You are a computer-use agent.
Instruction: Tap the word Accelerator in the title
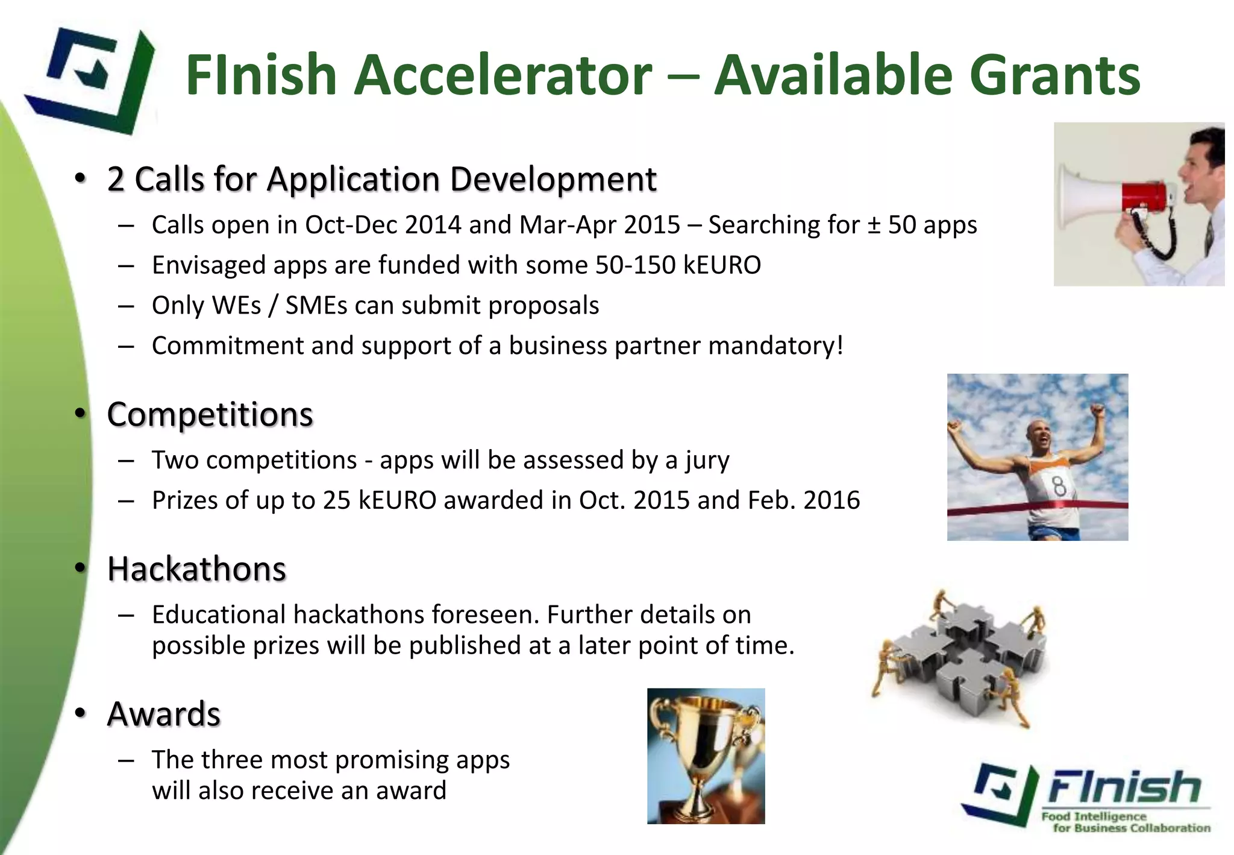pos(503,75)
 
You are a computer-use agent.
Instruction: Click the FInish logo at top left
pos(90,78)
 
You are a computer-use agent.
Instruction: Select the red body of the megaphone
pos(1143,197)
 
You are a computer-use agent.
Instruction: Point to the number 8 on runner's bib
pos(1059,486)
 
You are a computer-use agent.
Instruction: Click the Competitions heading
pos(210,415)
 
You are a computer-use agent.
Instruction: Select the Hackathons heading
pos(196,569)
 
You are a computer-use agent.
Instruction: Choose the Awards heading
pos(164,715)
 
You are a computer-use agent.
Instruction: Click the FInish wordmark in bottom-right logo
pos(1124,787)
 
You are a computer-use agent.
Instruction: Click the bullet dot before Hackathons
pos(80,569)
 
